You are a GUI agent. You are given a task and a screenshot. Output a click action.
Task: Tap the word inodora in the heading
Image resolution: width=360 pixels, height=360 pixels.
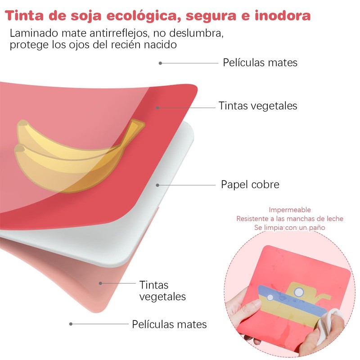[x=283, y=16]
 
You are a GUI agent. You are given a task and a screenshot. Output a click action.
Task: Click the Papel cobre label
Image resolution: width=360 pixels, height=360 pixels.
[x=250, y=184]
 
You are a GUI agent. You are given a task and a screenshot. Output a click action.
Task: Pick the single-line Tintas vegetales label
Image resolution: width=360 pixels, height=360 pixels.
[x=258, y=106]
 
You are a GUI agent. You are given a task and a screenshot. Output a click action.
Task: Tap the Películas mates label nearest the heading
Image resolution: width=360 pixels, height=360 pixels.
[x=260, y=63]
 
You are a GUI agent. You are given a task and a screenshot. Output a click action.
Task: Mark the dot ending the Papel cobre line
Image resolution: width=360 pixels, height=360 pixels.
[x=157, y=184]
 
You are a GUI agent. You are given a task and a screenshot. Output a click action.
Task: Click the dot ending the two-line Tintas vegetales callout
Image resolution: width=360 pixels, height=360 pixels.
[x=100, y=283]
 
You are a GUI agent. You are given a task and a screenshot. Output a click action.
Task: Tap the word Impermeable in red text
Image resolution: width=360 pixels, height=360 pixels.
[x=290, y=210]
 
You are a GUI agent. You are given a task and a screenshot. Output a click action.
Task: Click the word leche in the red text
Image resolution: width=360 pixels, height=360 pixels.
[x=334, y=219]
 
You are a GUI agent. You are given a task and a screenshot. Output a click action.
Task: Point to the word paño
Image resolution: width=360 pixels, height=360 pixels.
[x=316, y=228]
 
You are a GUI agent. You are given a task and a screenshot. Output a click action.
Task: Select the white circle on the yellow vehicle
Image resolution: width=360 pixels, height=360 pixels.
[x=298, y=292]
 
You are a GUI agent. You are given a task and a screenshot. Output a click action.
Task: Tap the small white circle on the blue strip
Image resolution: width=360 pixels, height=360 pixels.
[x=270, y=297]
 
